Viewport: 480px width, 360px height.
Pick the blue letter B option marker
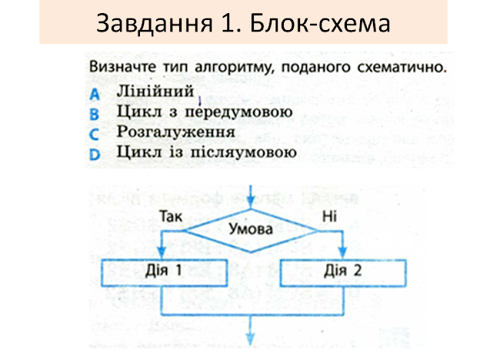coord(95,115)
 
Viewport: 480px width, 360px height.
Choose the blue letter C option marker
coord(95,134)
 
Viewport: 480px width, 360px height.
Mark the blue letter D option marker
coord(95,154)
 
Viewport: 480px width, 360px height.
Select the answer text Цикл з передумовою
coord(204,113)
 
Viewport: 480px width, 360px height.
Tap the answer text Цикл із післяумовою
coord(205,152)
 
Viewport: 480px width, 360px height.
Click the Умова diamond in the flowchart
coord(252,228)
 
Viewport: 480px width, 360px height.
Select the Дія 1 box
coord(164,271)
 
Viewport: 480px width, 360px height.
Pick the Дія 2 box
coord(341,271)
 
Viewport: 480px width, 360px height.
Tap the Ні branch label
coord(330,218)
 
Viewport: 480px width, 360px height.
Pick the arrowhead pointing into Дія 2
coord(341,254)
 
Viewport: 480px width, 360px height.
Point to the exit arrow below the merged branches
coord(252,332)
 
